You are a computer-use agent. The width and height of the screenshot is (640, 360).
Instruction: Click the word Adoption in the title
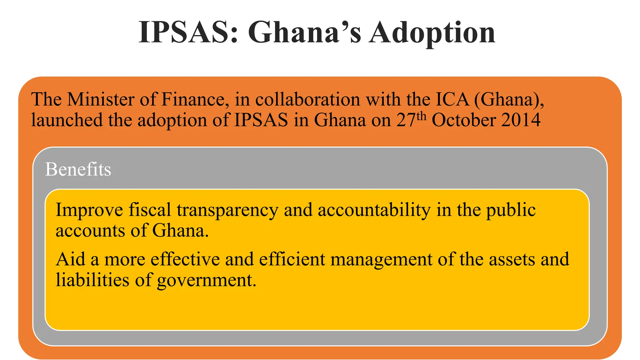432,32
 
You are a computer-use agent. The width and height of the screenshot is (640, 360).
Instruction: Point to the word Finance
193,100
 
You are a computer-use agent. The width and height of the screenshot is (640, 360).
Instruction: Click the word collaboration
308,100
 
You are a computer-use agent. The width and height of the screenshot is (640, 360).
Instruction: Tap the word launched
67,120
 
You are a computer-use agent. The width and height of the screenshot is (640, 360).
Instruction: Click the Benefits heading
78,169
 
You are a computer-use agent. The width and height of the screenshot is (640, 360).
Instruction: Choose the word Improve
89,210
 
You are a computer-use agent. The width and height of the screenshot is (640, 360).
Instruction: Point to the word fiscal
150,210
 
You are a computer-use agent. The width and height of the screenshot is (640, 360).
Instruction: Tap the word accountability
374,210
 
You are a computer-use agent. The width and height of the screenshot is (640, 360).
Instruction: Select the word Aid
70,259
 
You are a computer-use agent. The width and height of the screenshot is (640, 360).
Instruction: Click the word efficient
292,259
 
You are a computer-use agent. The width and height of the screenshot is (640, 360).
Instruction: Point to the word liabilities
92,280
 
